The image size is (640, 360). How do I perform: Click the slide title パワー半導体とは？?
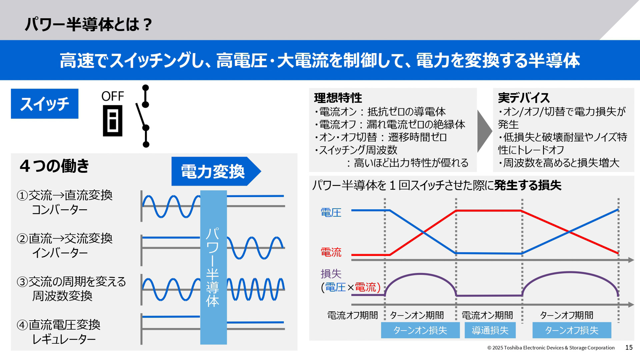coord(88,24)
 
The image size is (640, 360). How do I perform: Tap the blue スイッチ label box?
coord(45,104)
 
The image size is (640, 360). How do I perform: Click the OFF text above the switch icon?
coord(113,96)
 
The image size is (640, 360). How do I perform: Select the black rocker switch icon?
coord(113,121)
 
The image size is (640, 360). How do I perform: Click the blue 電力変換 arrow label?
coord(213,171)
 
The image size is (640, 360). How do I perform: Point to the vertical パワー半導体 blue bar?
coord(213,267)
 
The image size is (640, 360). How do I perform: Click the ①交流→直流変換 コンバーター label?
coord(65,202)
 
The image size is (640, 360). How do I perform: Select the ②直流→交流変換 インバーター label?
coord(65,246)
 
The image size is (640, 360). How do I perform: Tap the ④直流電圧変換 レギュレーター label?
coord(59,332)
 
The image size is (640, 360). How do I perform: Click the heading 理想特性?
coord(338,98)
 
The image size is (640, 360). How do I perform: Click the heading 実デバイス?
coord(524,98)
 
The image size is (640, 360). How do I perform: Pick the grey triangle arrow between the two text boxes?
coord(484,131)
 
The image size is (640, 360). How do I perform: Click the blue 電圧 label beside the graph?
coord(331,213)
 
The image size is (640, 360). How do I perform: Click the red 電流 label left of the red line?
coord(331,252)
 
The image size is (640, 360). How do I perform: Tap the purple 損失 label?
coord(331,274)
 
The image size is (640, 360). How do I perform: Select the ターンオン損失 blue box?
coord(420,330)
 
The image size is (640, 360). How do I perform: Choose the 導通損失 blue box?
coord(490,330)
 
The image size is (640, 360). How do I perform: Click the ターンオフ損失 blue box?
coord(572,330)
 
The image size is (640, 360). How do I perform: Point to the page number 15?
coord(629,347)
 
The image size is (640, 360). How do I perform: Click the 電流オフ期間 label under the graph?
coord(353,315)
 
